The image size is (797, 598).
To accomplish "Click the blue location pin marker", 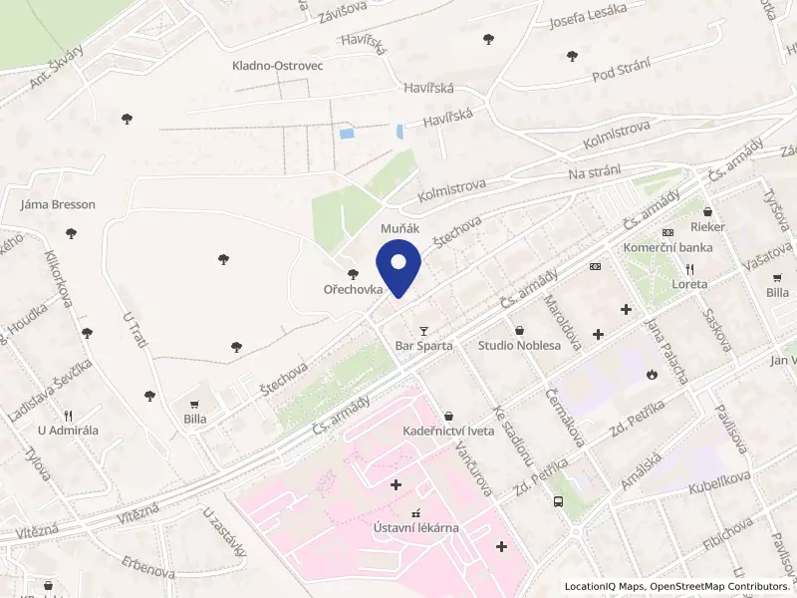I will [398, 270].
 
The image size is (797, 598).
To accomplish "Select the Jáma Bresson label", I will [58, 204].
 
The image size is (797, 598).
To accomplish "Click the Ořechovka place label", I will [353, 289].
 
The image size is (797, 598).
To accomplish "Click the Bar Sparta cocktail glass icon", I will [423, 330].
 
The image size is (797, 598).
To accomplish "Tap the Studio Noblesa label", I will [518, 346].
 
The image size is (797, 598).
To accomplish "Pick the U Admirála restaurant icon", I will [68, 416].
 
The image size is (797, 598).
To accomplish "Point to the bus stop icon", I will [558, 502].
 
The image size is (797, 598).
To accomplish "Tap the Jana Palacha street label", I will [665, 349].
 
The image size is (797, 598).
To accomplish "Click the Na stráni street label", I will [595, 173].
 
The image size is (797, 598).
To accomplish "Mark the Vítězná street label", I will [140, 511].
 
